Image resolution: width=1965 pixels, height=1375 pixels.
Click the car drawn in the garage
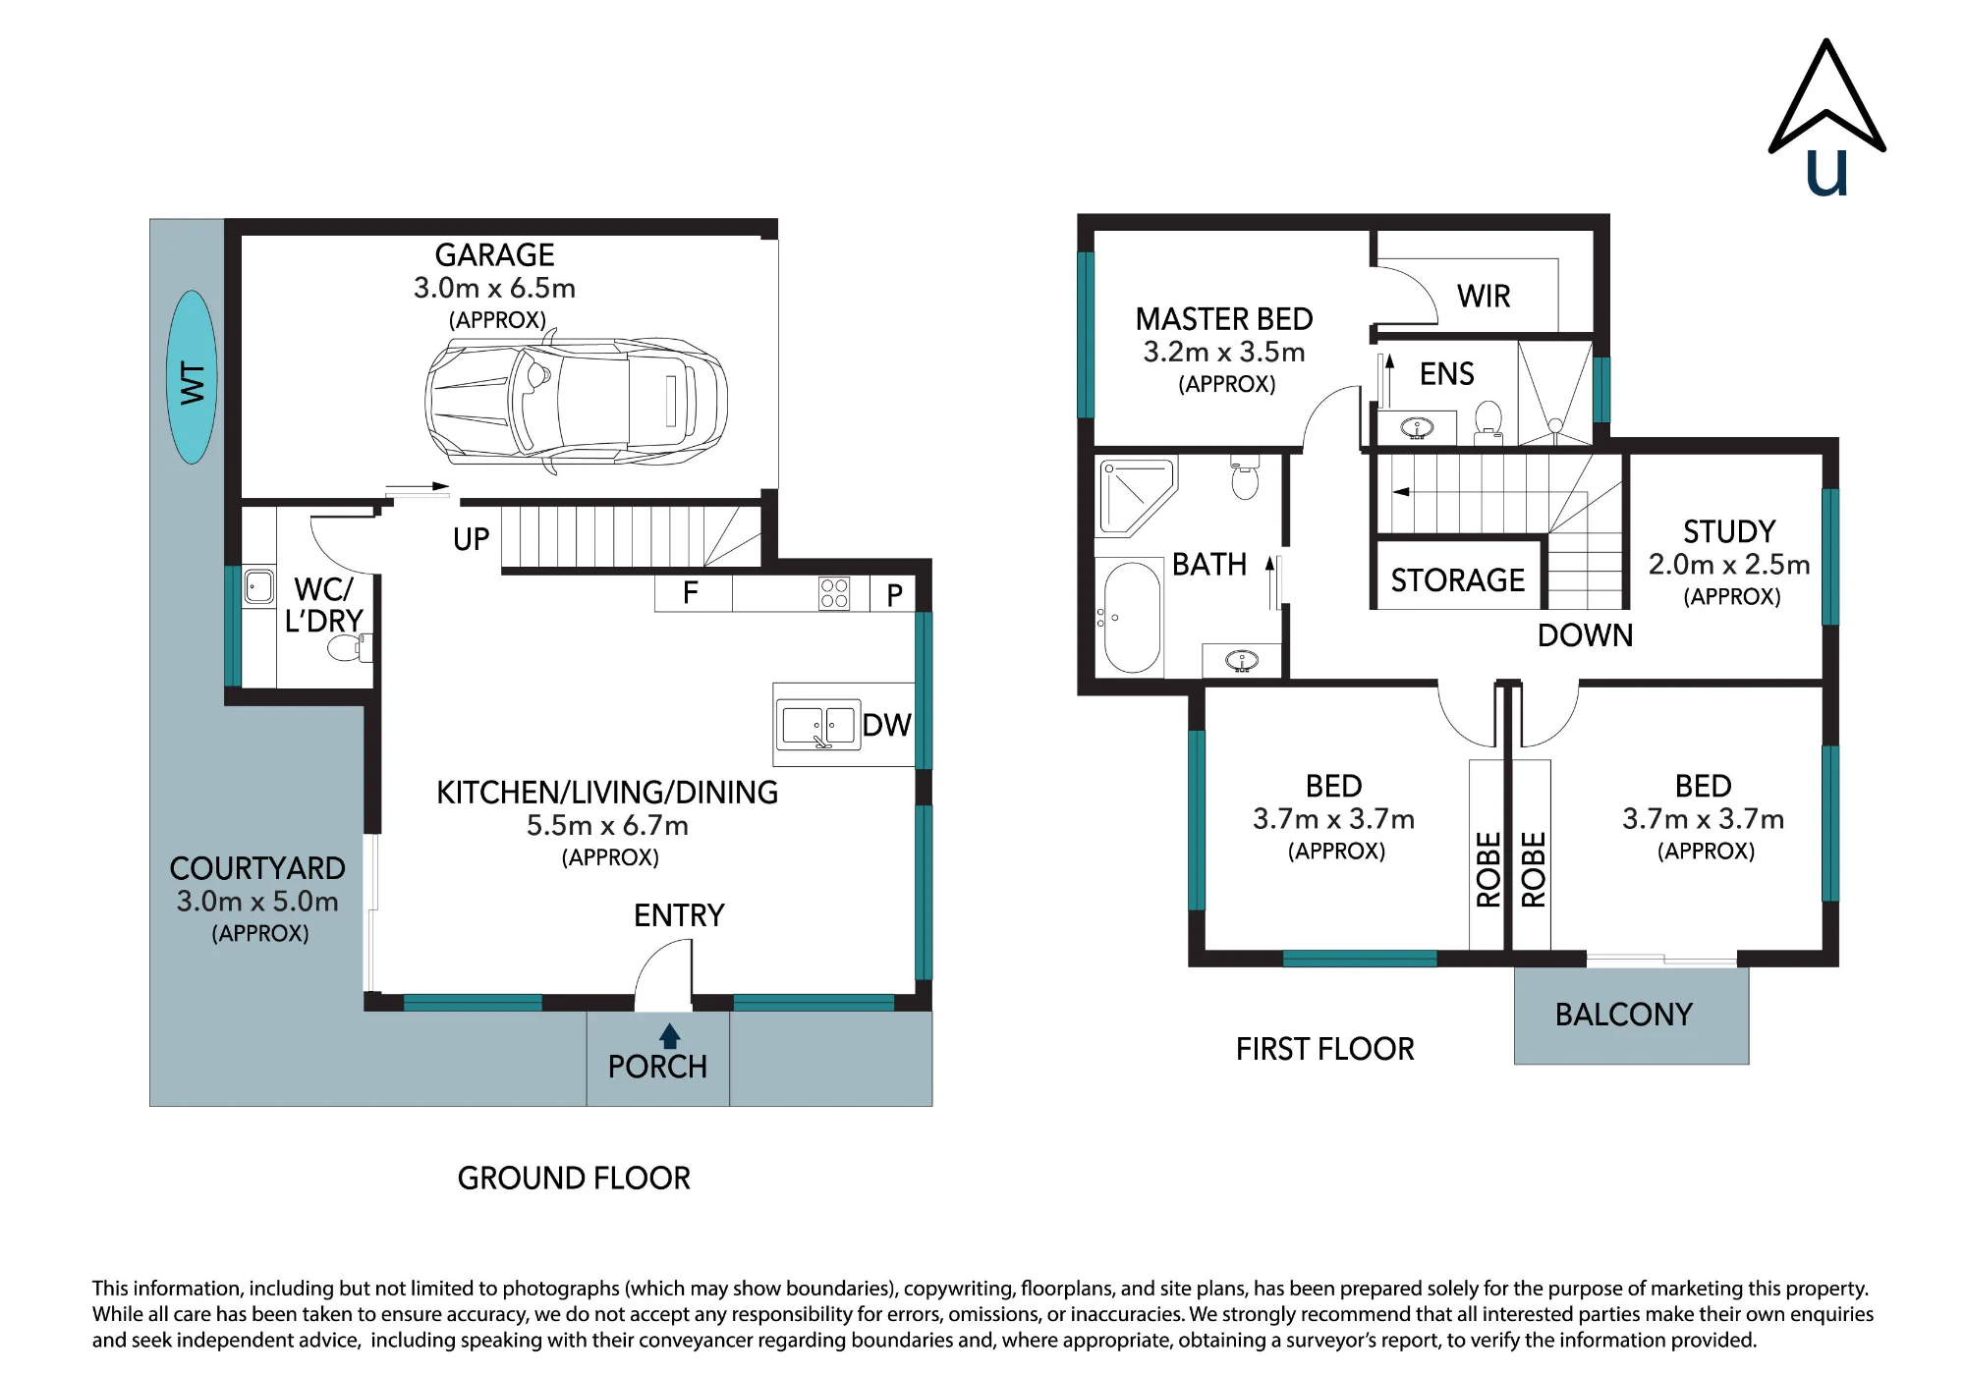(577, 403)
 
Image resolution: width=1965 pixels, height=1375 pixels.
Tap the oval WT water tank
(192, 377)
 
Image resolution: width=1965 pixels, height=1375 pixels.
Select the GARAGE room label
(494, 255)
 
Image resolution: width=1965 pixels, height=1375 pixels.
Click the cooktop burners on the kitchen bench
(834, 593)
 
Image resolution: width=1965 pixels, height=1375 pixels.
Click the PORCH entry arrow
(669, 1036)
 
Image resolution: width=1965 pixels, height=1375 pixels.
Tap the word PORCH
(657, 1067)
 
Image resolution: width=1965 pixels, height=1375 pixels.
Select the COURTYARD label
(257, 868)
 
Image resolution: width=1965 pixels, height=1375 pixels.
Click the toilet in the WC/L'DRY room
(349, 647)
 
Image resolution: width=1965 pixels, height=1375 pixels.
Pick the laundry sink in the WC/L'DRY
(259, 587)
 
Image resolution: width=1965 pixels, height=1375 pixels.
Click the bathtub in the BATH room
(1132, 617)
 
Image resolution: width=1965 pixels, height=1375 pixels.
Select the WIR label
(1484, 296)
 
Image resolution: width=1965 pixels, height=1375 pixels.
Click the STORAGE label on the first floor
(1458, 580)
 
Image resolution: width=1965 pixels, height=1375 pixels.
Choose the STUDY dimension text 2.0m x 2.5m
(1729, 565)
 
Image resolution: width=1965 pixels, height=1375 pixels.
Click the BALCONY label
(1624, 1015)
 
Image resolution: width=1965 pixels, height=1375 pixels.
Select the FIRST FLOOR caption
(1325, 1049)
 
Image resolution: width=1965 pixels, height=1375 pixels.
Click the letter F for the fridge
(691, 592)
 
